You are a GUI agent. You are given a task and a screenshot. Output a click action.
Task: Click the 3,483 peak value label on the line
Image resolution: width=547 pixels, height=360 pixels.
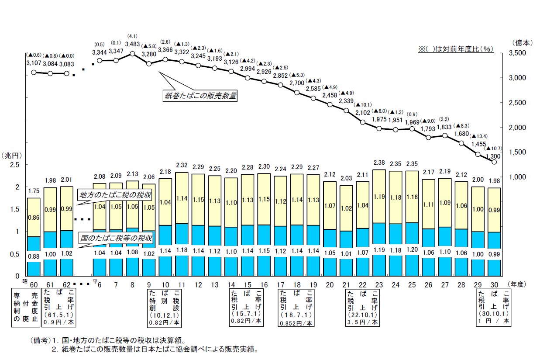click(x=132, y=44)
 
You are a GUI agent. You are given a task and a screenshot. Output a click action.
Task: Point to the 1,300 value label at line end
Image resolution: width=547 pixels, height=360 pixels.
click(x=494, y=156)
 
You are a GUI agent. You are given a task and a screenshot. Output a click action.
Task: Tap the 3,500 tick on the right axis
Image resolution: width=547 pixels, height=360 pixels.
click(x=519, y=53)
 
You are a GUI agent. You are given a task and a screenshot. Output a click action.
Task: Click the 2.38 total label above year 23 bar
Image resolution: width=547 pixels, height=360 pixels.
click(x=379, y=163)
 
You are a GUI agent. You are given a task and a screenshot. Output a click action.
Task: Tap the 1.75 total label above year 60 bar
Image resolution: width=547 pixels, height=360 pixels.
click(x=34, y=190)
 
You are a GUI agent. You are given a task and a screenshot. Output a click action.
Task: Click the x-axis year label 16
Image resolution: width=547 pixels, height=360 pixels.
click(x=264, y=284)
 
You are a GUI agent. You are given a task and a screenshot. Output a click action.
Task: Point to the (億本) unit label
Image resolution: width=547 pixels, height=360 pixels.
click(x=522, y=42)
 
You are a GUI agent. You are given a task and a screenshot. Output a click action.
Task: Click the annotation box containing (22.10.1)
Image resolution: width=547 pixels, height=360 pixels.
click(x=362, y=307)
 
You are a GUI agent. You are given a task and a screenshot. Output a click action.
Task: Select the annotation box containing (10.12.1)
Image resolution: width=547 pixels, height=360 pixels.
click(x=164, y=307)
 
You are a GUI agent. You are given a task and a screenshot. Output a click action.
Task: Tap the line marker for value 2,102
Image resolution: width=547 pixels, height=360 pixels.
click(x=363, y=122)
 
